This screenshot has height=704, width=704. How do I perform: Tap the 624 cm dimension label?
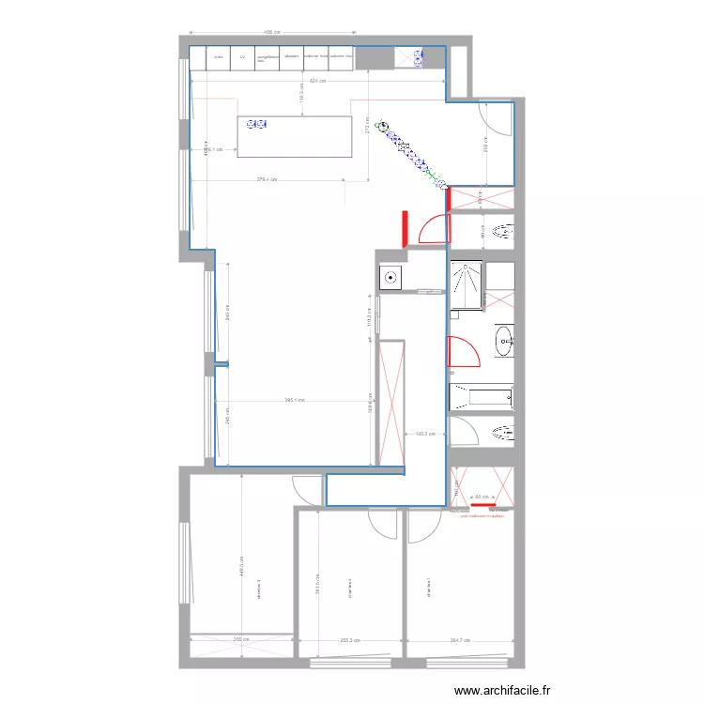(318, 81)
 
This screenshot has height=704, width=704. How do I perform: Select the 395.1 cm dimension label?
(294, 401)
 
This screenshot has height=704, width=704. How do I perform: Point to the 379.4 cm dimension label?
(268, 180)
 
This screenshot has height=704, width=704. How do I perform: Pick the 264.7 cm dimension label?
(460, 641)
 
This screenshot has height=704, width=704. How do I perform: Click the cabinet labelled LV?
(243, 57)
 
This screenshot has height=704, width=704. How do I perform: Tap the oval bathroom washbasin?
(504, 342)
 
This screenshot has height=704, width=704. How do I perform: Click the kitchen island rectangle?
(294, 137)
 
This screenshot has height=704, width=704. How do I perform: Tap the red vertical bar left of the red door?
(404, 228)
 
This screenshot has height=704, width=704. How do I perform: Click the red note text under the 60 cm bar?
(483, 515)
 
